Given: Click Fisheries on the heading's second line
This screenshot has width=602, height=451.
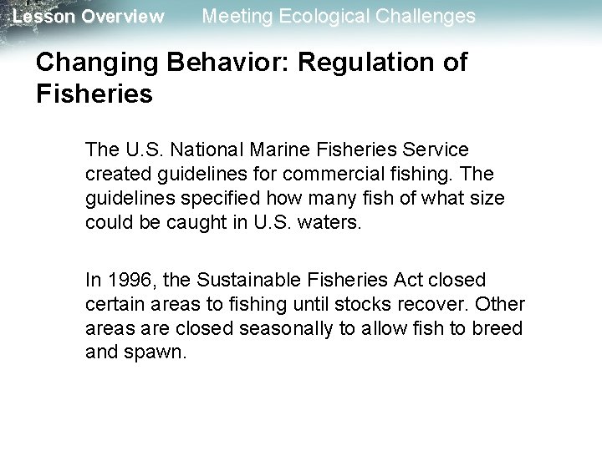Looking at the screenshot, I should (x=95, y=94).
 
